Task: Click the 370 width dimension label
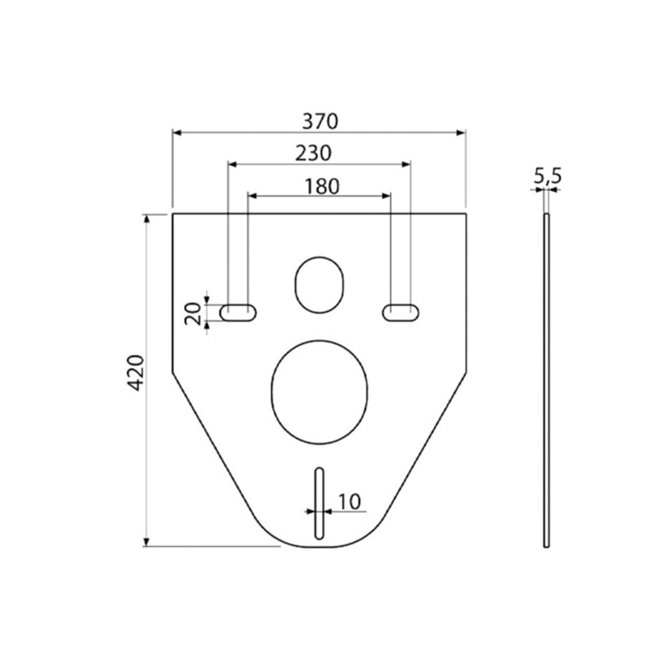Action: [x=319, y=121]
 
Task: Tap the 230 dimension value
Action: [x=313, y=153]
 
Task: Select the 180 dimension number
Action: [x=322, y=187]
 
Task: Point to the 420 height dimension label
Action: [x=137, y=373]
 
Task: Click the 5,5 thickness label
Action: [x=548, y=177]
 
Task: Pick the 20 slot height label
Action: [x=193, y=313]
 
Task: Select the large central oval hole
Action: [x=319, y=392]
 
